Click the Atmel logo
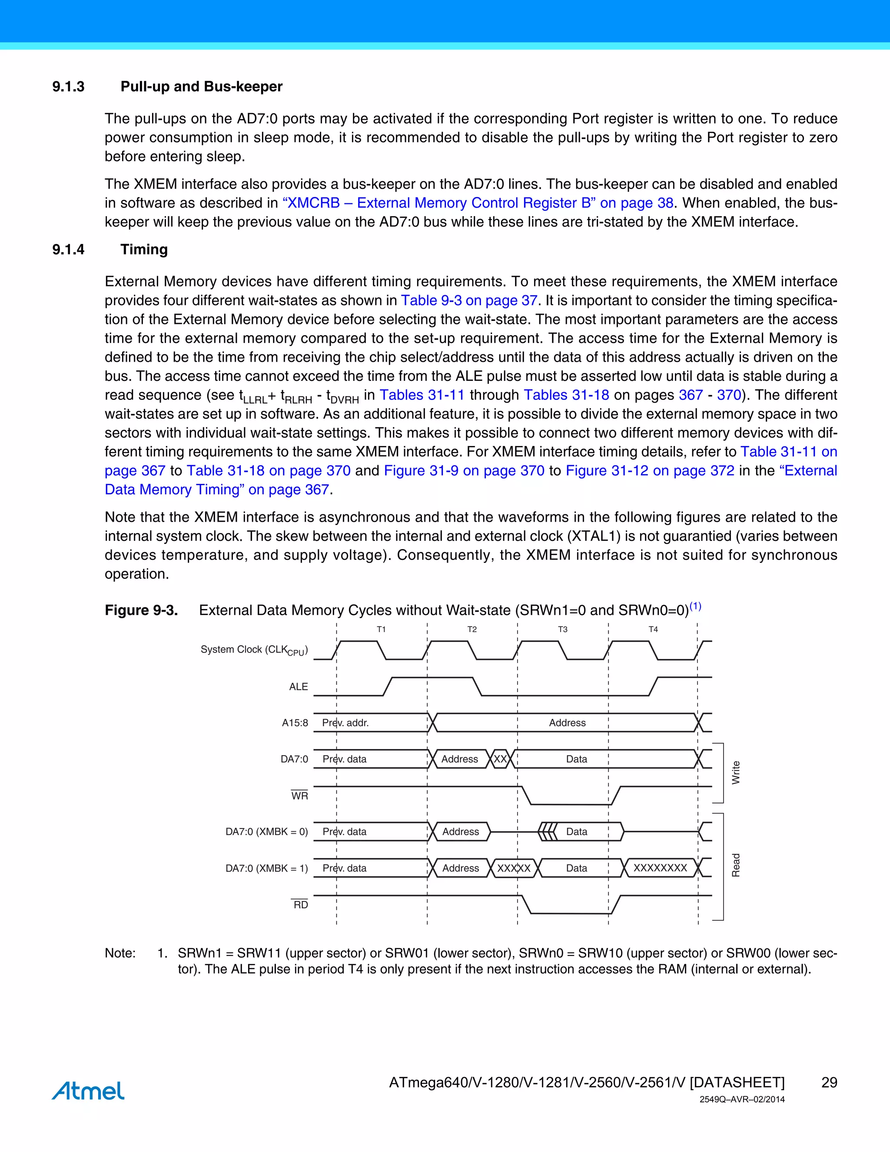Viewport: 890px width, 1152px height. pos(88,1091)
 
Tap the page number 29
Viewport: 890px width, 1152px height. pos(829,1082)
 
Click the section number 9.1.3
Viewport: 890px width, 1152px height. pos(69,87)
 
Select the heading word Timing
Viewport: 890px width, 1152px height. pos(144,250)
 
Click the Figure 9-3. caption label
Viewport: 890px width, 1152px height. pos(141,610)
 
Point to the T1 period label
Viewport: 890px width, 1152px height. pos(381,629)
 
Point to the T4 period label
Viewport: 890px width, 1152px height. pos(653,629)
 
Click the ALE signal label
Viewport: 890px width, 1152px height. pos(299,687)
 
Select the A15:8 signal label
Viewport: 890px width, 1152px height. pos(295,722)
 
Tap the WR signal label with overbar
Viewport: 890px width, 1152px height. pos(299,796)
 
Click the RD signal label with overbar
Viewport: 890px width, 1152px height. pos(301,905)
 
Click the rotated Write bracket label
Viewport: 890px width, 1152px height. pos(736,773)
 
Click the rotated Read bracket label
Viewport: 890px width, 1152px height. pos(736,865)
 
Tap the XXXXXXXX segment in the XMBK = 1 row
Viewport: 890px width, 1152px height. pos(660,868)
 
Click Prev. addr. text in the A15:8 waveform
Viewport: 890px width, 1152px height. pos(345,722)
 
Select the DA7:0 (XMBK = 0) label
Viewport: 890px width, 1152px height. pos(267,832)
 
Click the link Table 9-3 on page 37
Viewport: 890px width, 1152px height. pos(469,301)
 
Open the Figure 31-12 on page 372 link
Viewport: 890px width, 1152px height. pos(650,470)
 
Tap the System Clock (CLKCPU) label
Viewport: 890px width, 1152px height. pos(254,650)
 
